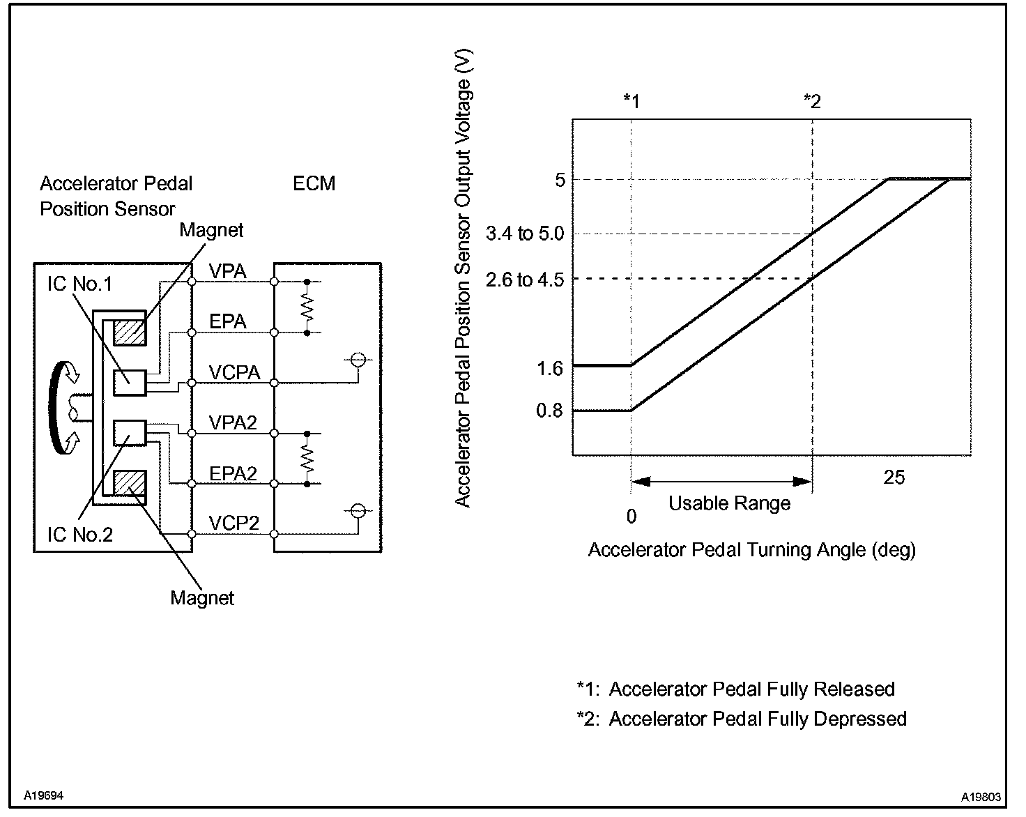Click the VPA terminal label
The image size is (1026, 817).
click(x=228, y=271)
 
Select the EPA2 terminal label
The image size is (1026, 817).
click(x=233, y=473)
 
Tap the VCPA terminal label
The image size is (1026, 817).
click(x=234, y=372)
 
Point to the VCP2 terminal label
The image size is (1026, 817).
click(x=234, y=523)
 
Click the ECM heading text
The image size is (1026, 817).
click(x=314, y=183)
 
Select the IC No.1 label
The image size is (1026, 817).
click(x=79, y=284)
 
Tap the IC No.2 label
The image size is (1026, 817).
click(x=79, y=535)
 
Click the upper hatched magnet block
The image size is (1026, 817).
click(x=130, y=333)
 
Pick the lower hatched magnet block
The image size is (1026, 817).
click(x=130, y=482)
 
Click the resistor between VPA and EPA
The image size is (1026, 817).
click(x=307, y=307)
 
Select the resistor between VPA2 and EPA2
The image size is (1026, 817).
click(x=307, y=459)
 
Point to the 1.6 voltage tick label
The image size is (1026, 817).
click(x=549, y=368)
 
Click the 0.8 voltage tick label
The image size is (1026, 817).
click(x=549, y=411)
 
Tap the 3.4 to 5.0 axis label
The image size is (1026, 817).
click(x=524, y=234)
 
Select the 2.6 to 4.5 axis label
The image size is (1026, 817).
click(x=524, y=280)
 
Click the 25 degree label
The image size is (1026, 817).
click(x=894, y=477)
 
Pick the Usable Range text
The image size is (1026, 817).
click(x=729, y=503)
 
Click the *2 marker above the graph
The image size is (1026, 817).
click(x=812, y=102)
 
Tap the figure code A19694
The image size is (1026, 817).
click(x=44, y=795)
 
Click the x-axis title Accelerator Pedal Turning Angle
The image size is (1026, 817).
click(x=751, y=550)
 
